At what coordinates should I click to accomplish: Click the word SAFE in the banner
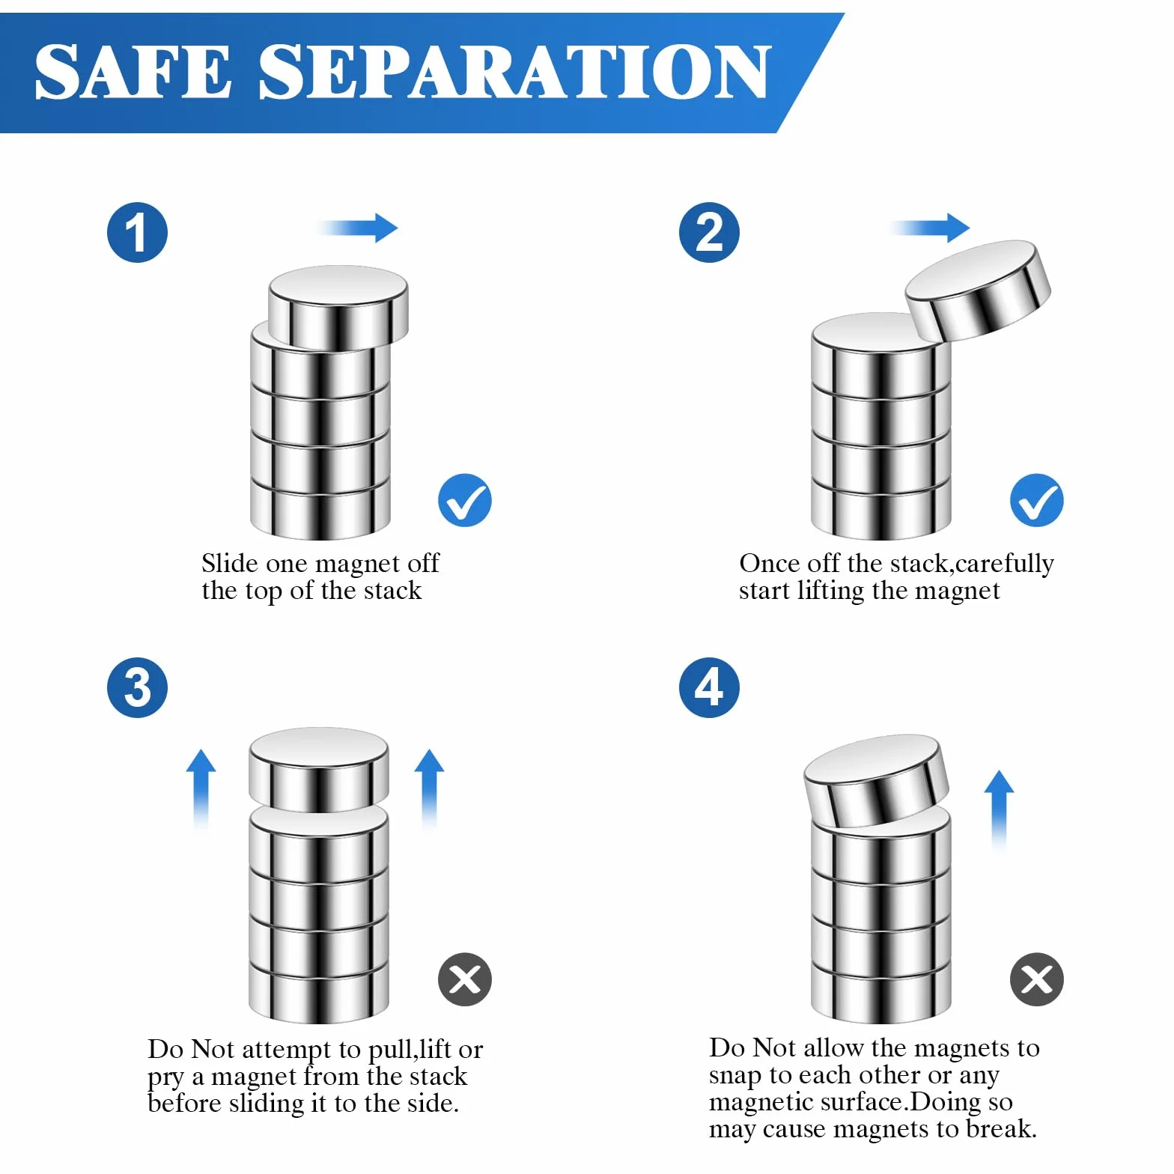[x=133, y=71]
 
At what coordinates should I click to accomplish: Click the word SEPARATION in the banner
[x=514, y=71]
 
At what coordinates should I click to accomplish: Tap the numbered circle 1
[x=137, y=232]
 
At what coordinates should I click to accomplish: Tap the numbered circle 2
[x=709, y=232]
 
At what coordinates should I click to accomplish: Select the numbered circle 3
[x=137, y=687]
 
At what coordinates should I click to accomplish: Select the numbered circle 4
[x=709, y=687]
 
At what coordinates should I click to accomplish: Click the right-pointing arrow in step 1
[x=356, y=228]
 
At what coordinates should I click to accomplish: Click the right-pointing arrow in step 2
[x=929, y=228]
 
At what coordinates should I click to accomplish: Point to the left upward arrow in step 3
[x=201, y=790]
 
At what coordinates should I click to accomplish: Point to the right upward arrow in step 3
[x=429, y=790]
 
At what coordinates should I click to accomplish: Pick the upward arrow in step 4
[x=999, y=811]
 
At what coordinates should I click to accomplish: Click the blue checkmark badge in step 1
[x=465, y=500]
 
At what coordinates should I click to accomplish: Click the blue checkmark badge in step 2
[x=1037, y=500]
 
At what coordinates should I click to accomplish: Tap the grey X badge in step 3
[x=465, y=979]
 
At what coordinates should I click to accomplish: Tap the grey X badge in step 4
[x=1037, y=979]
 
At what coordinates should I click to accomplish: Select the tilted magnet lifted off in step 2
[x=978, y=290]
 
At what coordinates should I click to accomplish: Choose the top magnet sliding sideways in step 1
[x=338, y=307]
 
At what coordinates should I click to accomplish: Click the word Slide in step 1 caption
[x=229, y=563]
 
